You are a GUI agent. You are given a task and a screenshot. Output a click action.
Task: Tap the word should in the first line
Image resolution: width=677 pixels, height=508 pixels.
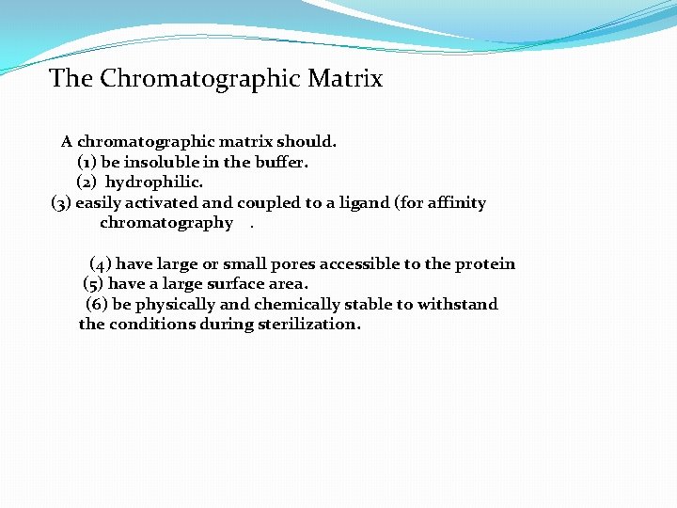coord(306,142)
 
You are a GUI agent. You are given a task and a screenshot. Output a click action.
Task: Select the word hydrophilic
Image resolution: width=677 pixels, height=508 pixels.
coord(154,182)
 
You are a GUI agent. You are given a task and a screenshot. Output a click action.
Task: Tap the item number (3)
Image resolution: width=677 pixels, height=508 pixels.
coord(61,202)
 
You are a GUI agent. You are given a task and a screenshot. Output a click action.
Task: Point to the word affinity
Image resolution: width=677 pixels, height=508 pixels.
coord(456,202)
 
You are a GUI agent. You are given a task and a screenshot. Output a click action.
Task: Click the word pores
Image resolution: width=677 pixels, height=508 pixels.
coord(292,264)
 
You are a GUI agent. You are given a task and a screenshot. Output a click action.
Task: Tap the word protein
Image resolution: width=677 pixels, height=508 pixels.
coord(485,264)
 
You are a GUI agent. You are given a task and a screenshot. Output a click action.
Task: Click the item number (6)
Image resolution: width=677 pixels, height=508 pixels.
coord(97,304)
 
